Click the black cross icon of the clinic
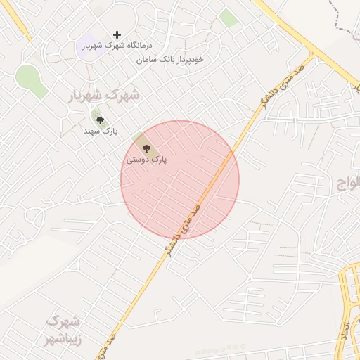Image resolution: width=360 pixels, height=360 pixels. tap(117, 34)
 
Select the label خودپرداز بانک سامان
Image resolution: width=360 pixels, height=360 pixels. tap(171, 59)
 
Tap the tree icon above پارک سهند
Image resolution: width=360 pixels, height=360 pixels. tap(100, 120)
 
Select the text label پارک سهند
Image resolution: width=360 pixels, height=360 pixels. tap(101, 131)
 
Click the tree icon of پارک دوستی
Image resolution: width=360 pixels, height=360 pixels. tap(146, 148)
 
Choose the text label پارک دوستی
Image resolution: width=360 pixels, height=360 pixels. tap(146, 160)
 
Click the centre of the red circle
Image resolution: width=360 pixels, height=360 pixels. tap(180, 180)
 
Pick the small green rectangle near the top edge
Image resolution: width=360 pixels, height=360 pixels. tap(228, 18)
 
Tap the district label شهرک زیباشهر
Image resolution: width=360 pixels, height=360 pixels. tap(64, 329)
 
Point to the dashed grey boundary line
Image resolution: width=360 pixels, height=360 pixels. tap(345, 28)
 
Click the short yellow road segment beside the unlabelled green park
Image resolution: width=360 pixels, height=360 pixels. tap(25, 28)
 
